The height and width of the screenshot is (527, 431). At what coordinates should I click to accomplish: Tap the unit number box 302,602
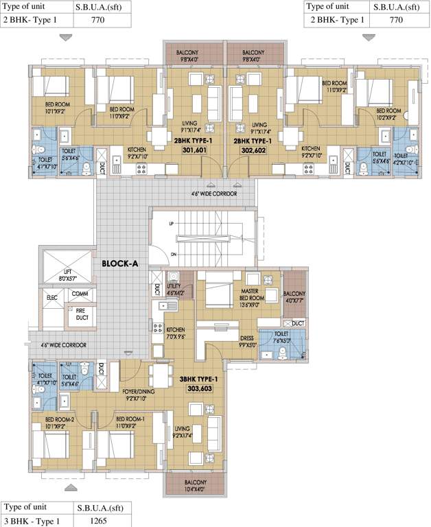tap(253, 150)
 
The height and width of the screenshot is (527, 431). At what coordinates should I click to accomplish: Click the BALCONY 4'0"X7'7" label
tap(294, 296)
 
